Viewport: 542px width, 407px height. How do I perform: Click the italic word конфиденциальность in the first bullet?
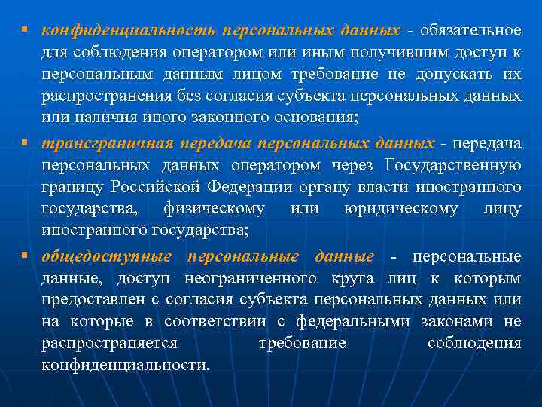click(128, 31)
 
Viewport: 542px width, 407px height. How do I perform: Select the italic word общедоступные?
click(107, 256)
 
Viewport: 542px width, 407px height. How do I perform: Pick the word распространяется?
click(109, 344)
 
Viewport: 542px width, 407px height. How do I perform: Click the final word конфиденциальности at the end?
click(126, 366)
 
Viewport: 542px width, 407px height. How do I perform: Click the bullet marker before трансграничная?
click(25, 142)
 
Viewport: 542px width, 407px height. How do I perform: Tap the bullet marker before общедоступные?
click(25, 256)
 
